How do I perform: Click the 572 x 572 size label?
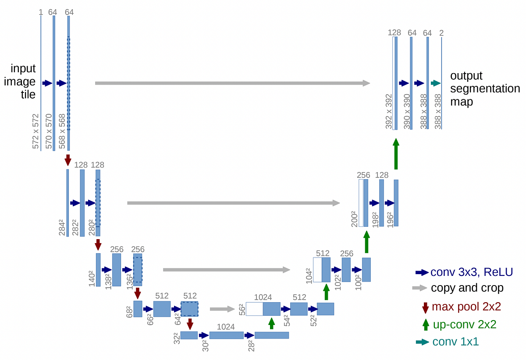click(36, 131)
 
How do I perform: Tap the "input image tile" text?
click(23, 81)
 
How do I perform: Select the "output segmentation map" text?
click(485, 89)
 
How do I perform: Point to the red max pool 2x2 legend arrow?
click(425, 307)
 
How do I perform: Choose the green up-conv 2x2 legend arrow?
click(425, 325)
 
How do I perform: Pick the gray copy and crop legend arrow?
click(419, 288)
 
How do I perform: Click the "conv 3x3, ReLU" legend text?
click(472, 272)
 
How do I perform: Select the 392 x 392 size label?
click(388, 111)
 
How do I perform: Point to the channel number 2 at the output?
click(441, 32)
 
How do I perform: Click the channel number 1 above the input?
click(41, 12)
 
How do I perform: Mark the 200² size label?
click(354, 218)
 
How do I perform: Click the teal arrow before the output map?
click(435, 83)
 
